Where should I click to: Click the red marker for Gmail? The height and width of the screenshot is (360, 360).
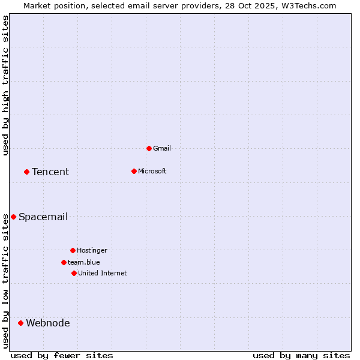pos(149,148)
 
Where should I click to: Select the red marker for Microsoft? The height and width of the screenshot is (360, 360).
pos(134,171)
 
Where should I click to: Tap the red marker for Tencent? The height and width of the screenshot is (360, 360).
pos(26,172)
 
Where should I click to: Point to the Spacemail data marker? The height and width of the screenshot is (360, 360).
pos(13,217)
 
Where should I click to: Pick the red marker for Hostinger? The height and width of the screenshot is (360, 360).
pos(73,250)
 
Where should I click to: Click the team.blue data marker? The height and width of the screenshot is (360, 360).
pos(64,262)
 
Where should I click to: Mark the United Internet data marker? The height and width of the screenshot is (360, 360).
pos(74,273)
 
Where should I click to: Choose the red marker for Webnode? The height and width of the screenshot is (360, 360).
pos(20,323)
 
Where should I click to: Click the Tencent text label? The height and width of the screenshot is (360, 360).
pos(50,172)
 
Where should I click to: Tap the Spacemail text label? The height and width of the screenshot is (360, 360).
pos(43,217)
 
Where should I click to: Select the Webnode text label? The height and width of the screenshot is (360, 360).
pos(48,323)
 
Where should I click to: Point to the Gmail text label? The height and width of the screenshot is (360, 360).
pos(162,148)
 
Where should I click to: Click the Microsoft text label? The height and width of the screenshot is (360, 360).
pos(152,171)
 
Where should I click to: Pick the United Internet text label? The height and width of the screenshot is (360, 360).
pos(103,273)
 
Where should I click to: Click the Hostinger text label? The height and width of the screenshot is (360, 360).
pos(92,250)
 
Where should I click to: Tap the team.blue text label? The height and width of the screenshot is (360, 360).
pos(84,262)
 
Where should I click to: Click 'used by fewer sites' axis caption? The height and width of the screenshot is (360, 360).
pos(62,355)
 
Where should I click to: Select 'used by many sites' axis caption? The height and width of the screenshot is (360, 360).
pos(301,355)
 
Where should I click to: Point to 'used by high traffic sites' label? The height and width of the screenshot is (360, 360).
pos(5,85)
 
